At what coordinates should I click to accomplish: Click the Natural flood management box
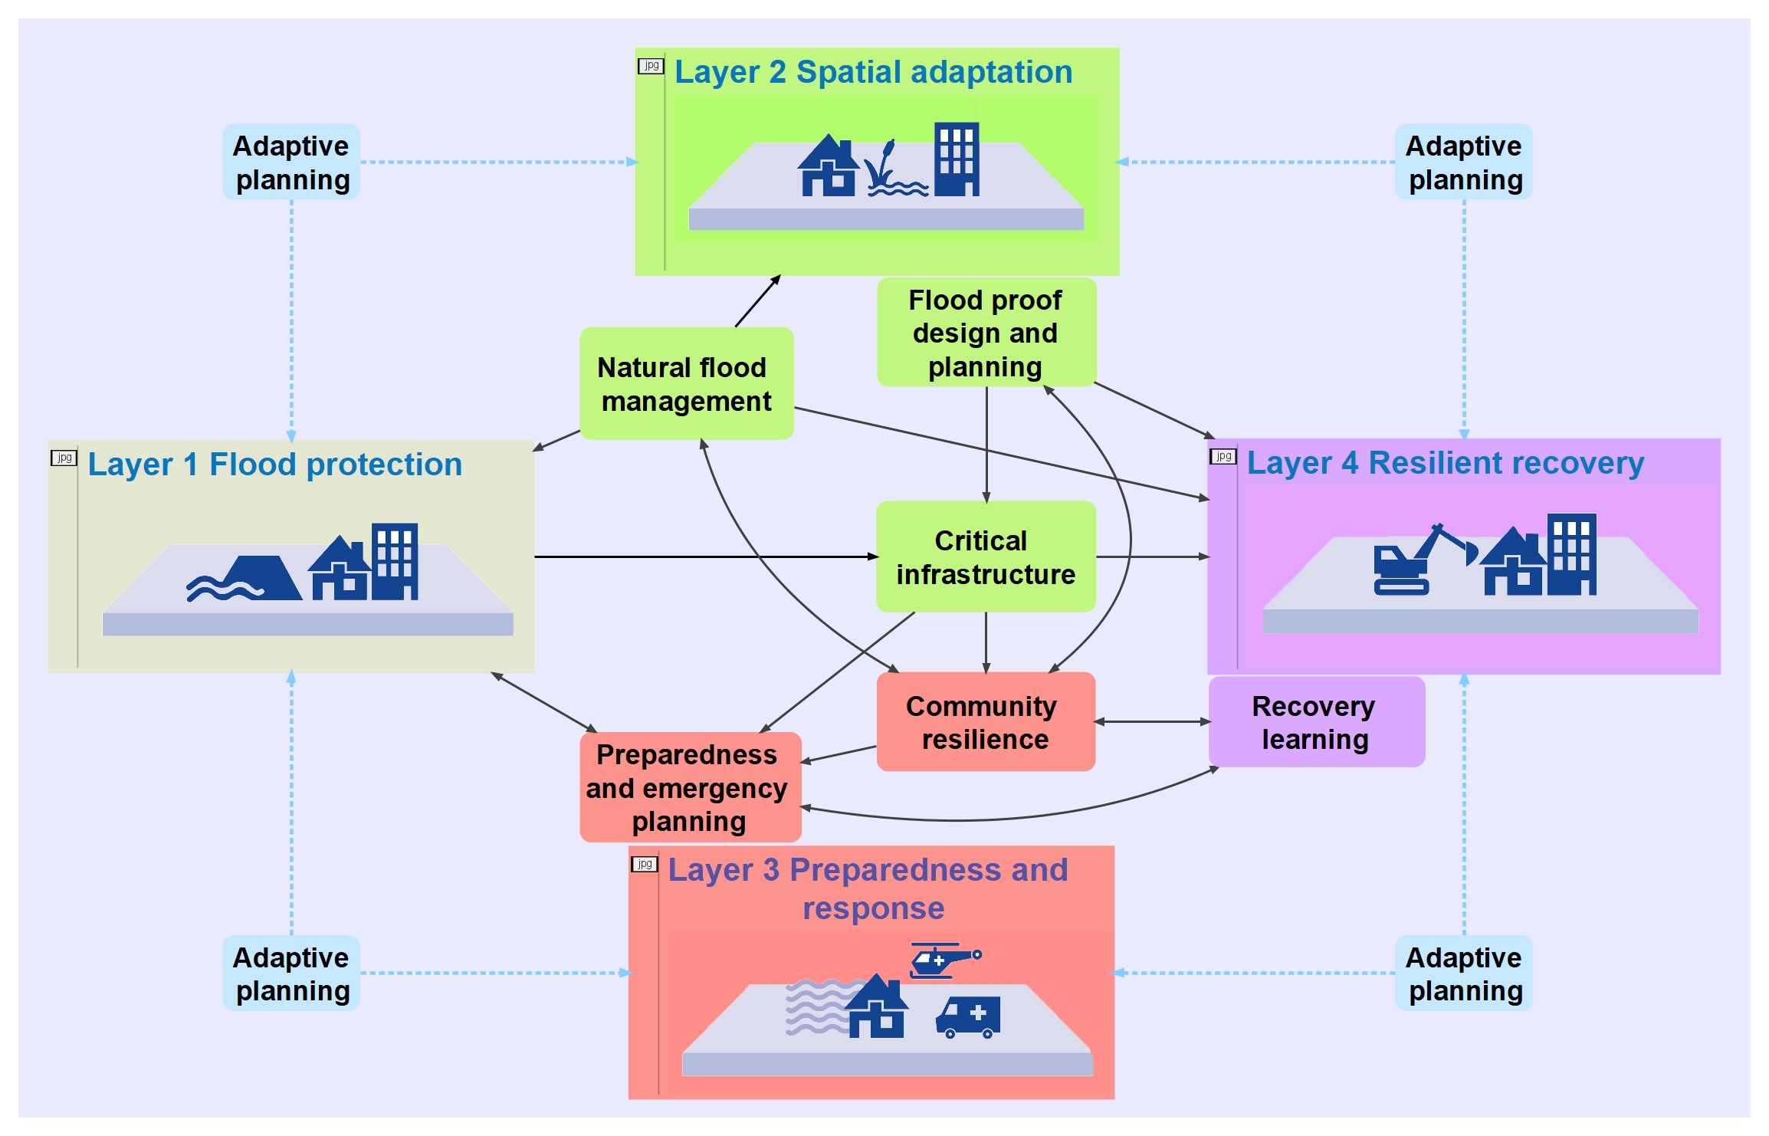pyautogui.click(x=686, y=384)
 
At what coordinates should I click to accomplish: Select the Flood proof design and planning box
pyautogui.click(x=986, y=333)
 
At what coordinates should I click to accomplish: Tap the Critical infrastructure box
pyautogui.click(x=986, y=557)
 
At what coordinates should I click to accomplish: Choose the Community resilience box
pyautogui.click(x=986, y=722)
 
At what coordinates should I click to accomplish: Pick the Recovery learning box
pyautogui.click(x=1316, y=722)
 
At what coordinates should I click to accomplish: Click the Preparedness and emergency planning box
pyautogui.click(x=690, y=787)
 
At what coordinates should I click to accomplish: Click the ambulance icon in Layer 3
pyautogui.click(x=969, y=1017)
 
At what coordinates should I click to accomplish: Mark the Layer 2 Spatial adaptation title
pyautogui.click(x=873, y=72)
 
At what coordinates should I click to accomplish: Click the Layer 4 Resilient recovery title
pyautogui.click(x=1445, y=463)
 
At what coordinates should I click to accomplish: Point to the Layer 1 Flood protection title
pyautogui.click(x=274, y=465)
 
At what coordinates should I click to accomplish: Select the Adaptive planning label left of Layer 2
pyautogui.click(x=291, y=163)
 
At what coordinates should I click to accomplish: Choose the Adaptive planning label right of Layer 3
pyautogui.click(x=1464, y=973)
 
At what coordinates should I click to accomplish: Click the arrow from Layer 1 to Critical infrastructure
pyautogui.click(x=705, y=557)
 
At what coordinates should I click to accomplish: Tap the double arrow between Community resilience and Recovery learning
pyautogui.click(x=1152, y=722)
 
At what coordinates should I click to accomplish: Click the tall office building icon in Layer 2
pyautogui.click(x=957, y=159)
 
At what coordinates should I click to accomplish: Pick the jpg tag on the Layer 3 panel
pyautogui.click(x=645, y=865)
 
